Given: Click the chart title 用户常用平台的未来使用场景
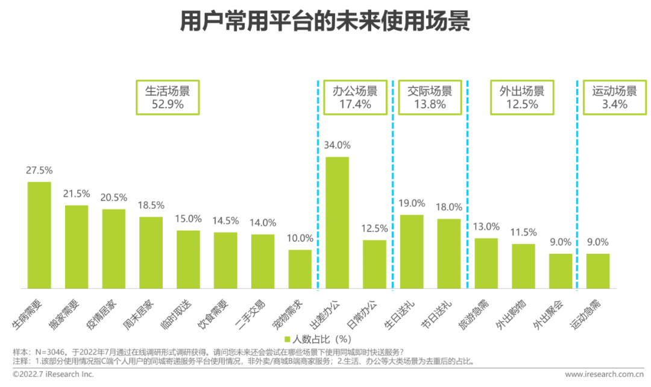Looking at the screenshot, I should pos(325,22).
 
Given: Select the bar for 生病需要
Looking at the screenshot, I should pos(39,235).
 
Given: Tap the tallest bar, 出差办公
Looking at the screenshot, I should pos(338,222).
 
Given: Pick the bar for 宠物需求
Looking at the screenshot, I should pos(300,269).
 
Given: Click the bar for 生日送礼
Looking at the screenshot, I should pos(412,251).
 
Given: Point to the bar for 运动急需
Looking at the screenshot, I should pos(598,271).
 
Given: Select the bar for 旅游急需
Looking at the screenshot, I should pos(486,263).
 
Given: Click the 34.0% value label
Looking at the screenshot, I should pos(338,145).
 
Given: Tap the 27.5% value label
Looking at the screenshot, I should pos(39,170).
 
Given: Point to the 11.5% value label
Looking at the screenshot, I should pos(523,232).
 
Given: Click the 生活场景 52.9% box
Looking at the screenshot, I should pos(167,97).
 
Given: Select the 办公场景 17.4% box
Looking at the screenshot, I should pos(355,97).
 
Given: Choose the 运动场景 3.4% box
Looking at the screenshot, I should pos(614,97).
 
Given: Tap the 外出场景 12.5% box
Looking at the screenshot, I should pos(521,97).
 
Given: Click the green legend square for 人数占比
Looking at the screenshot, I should pos(288,339).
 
